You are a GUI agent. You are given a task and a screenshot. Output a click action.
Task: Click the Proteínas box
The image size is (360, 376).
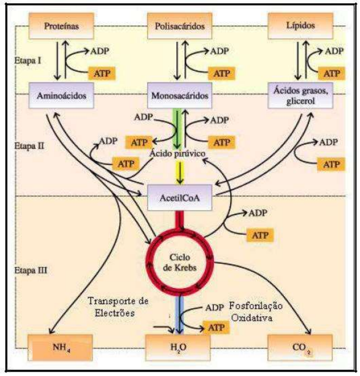pos(61,26)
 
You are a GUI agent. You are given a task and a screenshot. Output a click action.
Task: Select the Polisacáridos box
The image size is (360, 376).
pos(180,26)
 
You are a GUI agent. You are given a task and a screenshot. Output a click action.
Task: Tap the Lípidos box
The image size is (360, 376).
pos(300,26)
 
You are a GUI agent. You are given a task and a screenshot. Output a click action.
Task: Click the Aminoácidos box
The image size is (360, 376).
pos(61,95)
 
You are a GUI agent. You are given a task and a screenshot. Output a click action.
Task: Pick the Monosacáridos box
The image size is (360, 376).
pos(180,95)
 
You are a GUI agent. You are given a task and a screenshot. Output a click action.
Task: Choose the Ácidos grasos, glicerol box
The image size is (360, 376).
pos(300,95)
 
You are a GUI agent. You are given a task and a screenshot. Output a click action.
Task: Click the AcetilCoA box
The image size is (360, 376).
pos(180,197)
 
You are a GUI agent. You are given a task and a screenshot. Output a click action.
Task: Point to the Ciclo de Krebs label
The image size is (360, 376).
pos(180,263)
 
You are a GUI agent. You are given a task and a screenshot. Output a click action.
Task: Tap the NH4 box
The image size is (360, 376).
pos(60,347)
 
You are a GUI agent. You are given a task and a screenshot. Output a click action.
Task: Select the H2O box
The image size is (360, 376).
pos(178,347)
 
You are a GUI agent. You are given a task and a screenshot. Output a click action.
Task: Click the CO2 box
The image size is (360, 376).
pos(300,347)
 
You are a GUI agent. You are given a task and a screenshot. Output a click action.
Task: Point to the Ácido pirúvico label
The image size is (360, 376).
pos(178,154)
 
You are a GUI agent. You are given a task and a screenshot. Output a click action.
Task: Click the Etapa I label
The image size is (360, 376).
pos(28,60)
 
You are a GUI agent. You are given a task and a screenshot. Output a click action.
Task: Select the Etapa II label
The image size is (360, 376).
pos(29,146)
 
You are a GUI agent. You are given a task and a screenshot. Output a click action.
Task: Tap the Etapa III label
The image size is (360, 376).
pos(31,270)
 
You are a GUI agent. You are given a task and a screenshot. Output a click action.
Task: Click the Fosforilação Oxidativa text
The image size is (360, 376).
pos(256,312)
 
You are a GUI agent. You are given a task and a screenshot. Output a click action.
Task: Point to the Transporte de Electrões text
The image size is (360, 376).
pos(118,307)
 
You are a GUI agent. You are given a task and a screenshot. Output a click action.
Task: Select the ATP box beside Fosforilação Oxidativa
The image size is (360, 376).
pos(217,327)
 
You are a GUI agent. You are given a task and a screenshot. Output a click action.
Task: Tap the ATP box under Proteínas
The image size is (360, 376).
pos(102,73)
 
